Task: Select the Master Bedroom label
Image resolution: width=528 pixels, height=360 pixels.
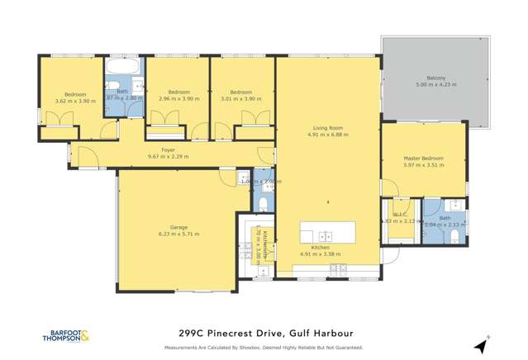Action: [423, 158]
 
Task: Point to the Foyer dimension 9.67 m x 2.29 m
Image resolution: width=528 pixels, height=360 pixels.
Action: [168, 156]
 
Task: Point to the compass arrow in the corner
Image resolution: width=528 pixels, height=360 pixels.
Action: [482, 345]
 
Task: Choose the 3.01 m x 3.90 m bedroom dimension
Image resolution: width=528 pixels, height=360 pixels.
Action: [241, 98]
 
